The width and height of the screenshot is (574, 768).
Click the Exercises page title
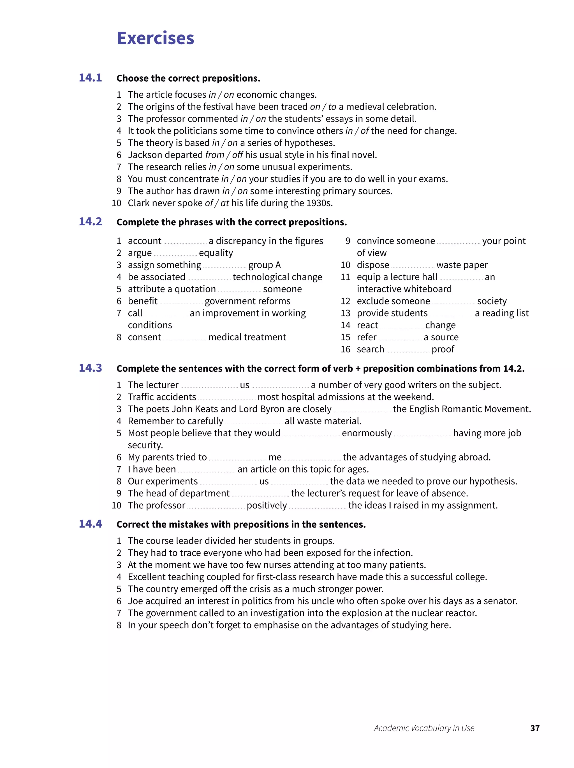155,38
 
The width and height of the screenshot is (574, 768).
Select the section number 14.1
90,78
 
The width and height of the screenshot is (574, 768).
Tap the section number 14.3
90,368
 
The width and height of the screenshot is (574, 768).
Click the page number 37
534,728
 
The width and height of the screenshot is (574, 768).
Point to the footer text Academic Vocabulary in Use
424,728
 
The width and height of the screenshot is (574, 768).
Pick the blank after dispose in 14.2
412,266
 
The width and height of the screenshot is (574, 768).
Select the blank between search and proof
408,351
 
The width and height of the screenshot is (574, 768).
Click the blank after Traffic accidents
227,398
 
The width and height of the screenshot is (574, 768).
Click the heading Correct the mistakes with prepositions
241,524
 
